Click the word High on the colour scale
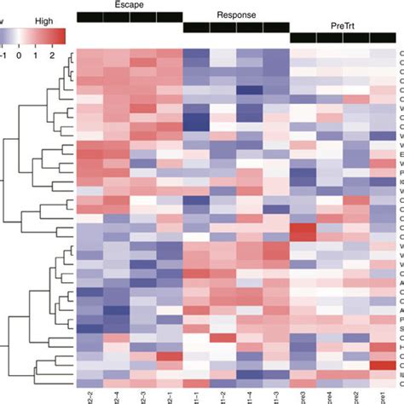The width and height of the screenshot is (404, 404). (42, 17)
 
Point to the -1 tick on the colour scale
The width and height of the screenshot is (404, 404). (4, 54)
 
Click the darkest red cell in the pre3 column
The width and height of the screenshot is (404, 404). (303, 232)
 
